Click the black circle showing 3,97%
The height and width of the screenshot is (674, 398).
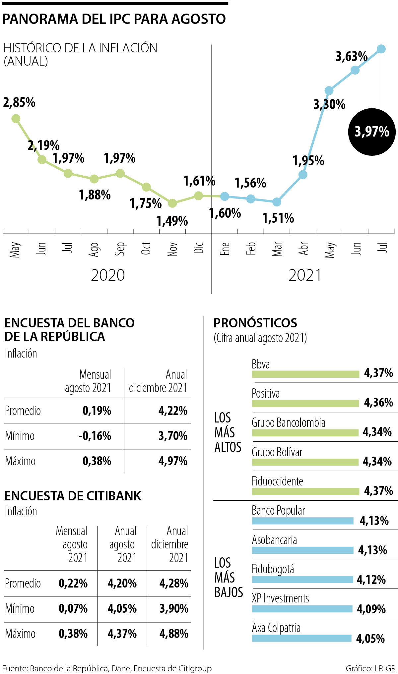pyautogui.click(x=372, y=132)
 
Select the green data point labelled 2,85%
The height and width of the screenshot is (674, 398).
pyautogui.click(x=16, y=119)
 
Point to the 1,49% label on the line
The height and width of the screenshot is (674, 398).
pyautogui.click(x=172, y=221)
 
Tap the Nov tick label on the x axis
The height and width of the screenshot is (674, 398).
pyautogui.click(x=172, y=249)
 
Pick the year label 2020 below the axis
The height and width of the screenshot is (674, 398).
pyautogui.click(x=108, y=275)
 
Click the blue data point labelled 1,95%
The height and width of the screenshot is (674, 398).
pyautogui.click(x=303, y=175)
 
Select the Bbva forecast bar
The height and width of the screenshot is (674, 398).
pyautogui.click(x=305, y=374)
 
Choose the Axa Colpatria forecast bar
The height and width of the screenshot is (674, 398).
pyautogui.click(x=301, y=638)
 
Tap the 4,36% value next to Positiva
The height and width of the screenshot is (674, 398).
pyautogui.click(x=378, y=403)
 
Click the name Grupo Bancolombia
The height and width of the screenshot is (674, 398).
pyautogui.click(x=288, y=423)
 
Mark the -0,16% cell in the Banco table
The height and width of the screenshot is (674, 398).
pyautogui.click(x=95, y=436)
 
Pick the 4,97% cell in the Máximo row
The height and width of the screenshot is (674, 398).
pyautogui.click(x=173, y=461)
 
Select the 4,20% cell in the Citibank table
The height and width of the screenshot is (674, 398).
pyautogui.click(x=122, y=584)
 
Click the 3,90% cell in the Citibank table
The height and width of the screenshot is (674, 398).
pyautogui.click(x=174, y=609)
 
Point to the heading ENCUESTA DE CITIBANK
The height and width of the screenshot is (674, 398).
pyautogui.click(x=73, y=496)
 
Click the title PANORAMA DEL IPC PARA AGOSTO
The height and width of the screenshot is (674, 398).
pyautogui.click(x=114, y=19)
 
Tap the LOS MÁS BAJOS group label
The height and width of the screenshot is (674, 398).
pyautogui.click(x=228, y=578)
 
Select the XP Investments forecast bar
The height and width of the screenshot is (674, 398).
pyautogui.click(x=302, y=609)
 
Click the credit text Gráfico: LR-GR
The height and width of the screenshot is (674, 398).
pyautogui.click(x=370, y=669)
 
